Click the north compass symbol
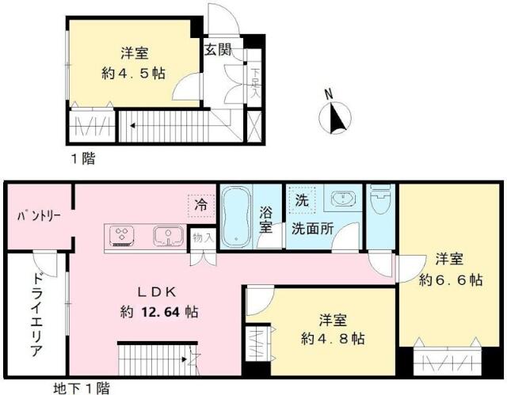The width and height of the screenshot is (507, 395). pos(335,117)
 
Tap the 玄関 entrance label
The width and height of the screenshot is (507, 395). pos(218,50)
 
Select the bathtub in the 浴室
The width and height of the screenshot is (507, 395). pos(236,216)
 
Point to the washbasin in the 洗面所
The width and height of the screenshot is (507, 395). pos(343,199)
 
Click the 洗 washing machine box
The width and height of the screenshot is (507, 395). pos(302,200)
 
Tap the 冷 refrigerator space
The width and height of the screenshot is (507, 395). pos(201,205)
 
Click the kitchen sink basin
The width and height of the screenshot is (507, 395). pos(169,235)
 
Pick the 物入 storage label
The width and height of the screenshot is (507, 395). pos(203,238)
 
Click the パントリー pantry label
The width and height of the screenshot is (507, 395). pos(39,216)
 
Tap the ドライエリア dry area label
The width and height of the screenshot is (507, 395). pos(37,314)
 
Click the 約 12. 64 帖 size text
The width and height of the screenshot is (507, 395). pos(159,313)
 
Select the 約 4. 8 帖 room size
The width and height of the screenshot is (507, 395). pos(333,339)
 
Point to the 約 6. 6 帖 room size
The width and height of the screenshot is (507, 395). pos(451,279)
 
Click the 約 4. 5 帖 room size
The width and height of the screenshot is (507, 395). pos(134,74)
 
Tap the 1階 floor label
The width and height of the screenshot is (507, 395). pos(83,158)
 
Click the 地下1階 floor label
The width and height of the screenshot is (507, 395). pos(81,388)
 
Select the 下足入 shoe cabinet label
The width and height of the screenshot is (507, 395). pos(255,82)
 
